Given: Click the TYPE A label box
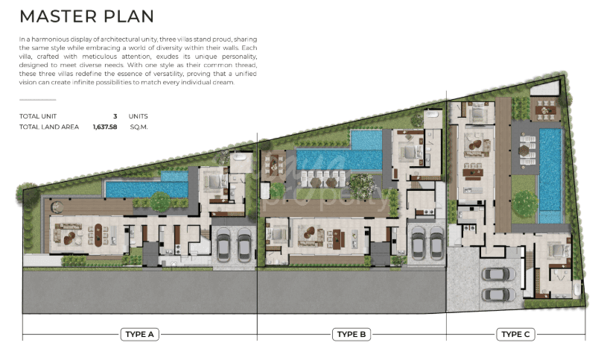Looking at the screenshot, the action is [139, 334].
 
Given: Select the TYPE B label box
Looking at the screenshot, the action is [352, 334].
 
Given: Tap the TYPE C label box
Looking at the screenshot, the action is [515, 334].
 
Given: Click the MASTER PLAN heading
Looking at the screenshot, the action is [86, 16].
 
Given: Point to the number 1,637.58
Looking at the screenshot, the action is [105, 127].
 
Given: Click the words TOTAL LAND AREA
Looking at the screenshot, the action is [49, 127].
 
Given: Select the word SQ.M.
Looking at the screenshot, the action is [139, 127].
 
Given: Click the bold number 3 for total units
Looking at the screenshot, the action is [115, 116].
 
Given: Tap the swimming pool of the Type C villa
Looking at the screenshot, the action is [550, 175].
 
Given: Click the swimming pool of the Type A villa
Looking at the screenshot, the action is [147, 188].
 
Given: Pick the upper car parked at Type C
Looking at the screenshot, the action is [499, 274].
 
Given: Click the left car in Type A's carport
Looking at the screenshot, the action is [224, 244].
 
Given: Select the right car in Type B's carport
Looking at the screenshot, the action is [436, 243].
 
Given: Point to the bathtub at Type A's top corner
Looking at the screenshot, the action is [241, 157].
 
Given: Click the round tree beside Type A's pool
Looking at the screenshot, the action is [160, 201].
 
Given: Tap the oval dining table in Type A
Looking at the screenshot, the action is [98, 235].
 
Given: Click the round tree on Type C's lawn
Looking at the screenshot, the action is [524, 203].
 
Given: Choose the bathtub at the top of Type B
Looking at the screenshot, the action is [433, 115].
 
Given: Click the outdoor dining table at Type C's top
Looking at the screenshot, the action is [546, 110].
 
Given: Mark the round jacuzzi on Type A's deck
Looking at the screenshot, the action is [57, 207].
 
